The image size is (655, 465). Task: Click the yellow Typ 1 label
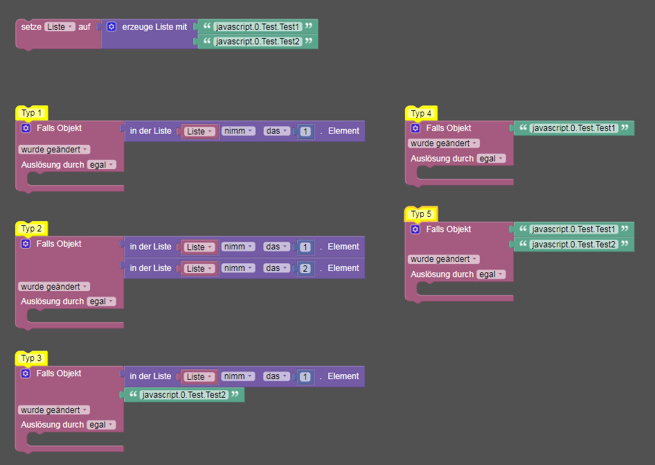click(x=32, y=113)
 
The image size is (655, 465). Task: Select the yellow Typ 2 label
click(x=32, y=229)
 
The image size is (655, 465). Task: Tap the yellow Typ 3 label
click(x=32, y=358)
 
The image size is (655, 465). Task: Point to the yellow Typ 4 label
click(x=421, y=113)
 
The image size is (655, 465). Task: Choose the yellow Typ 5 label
click(x=421, y=214)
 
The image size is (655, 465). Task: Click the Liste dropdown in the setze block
click(x=60, y=26)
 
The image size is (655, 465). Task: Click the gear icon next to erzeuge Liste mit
click(x=111, y=26)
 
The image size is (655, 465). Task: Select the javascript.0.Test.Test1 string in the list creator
click(x=258, y=26)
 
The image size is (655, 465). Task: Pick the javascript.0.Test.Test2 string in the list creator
click(x=258, y=42)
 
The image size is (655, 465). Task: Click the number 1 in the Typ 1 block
click(x=305, y=131)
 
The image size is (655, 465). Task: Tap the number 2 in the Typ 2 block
click(x=305, y=268)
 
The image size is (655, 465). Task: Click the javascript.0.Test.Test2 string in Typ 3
click(x=183, y=395)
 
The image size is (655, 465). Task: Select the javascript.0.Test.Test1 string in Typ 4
click(x=573, y=128)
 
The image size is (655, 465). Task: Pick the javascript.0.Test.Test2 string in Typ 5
click(x=573, y=245)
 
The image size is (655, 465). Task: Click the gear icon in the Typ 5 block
click(x=415, y=229)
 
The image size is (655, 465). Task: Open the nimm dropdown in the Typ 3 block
click(x=238, y=376)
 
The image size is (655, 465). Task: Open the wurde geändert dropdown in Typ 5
click(x=444, y=259)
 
